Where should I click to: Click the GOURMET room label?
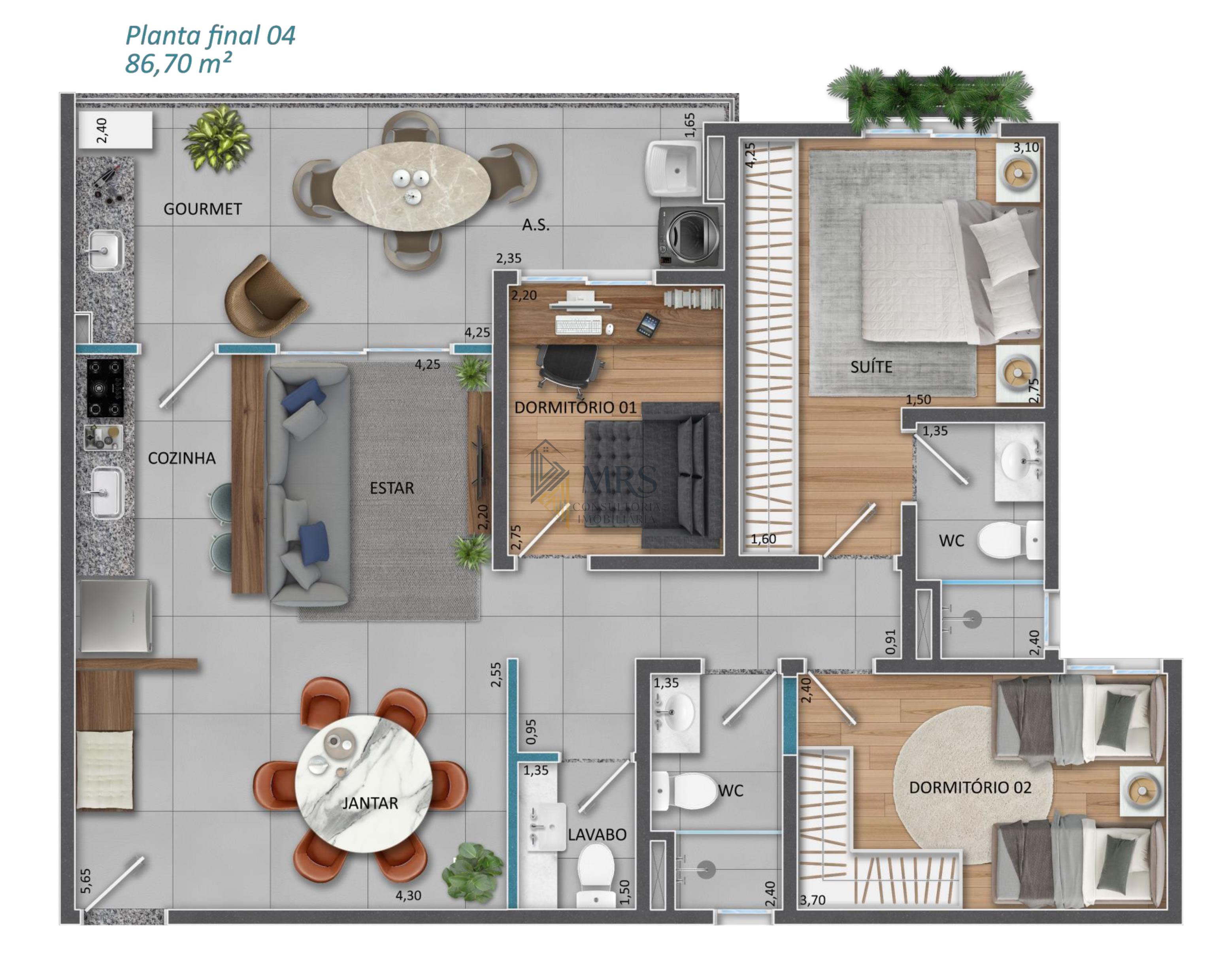pyautogui.click(x=202, y=209)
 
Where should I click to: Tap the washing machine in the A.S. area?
pyautogui.click(x=690, y=236)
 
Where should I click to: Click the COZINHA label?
pyautogui.click(x=182, y=458)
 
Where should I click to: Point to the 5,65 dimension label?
pyautogui.click(x=86, y=881)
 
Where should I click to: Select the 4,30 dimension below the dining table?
pyautogui.click(x=408, y=896)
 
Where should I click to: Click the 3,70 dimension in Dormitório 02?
pyautogui.click(x=813, y=900)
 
